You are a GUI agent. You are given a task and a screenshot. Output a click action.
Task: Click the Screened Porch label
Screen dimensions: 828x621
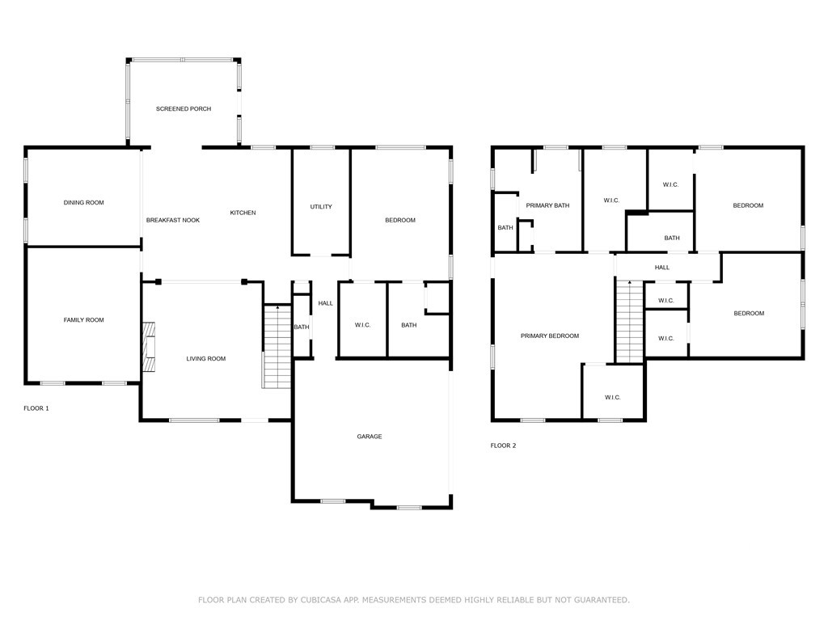[184, 109]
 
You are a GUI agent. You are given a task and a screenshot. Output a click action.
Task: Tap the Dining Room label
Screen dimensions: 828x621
[83, 203]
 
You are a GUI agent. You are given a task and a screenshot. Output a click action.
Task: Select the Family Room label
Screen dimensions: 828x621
[83, 320]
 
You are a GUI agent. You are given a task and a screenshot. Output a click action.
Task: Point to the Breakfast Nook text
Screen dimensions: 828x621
[173, 220]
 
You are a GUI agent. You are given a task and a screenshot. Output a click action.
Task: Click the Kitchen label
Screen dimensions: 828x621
[243, 213]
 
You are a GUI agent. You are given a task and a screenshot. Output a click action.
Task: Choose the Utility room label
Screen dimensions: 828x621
[321, 207]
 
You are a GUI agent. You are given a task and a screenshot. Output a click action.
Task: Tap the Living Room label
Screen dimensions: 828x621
[206, 359]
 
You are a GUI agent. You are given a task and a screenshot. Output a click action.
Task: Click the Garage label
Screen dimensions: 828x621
[369, 437]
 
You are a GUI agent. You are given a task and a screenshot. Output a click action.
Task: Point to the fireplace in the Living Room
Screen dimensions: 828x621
[149, 347]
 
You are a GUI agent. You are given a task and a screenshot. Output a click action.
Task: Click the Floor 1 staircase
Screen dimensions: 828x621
[277, 346]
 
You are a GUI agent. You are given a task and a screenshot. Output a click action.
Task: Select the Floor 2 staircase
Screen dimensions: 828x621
[629, 322]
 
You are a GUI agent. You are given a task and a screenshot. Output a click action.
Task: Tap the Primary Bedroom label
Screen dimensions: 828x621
[550, 336]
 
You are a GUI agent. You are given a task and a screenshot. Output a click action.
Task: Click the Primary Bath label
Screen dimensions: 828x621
[547, 205]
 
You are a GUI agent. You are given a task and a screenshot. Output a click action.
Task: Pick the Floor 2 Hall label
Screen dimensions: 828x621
[662, 268]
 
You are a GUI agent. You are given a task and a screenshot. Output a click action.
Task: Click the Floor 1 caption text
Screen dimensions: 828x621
[36, 408]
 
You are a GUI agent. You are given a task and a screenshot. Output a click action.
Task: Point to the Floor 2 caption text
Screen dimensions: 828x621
[503, 446]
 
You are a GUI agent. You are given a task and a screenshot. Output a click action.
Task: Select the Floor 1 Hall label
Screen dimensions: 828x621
[325, 304]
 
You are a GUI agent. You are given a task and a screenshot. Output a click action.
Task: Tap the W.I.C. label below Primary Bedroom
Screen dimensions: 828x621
[613, 398]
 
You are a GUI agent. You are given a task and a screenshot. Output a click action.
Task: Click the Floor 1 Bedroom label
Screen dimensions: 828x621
[400, 220]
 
